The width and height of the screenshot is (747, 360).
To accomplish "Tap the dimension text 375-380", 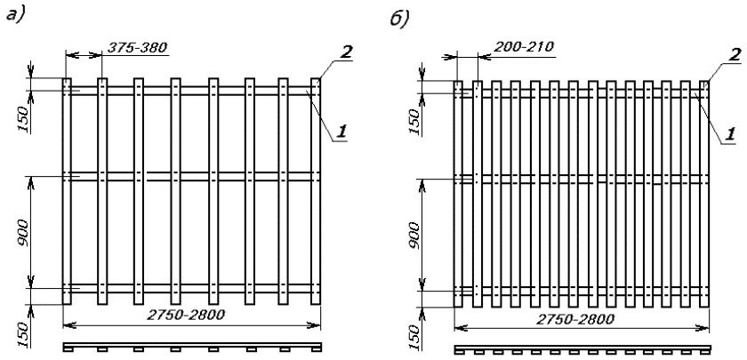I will [134, 46].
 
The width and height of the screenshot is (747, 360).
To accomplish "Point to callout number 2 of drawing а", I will [347, 52].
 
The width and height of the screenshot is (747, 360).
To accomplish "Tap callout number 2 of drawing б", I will [735, 55].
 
